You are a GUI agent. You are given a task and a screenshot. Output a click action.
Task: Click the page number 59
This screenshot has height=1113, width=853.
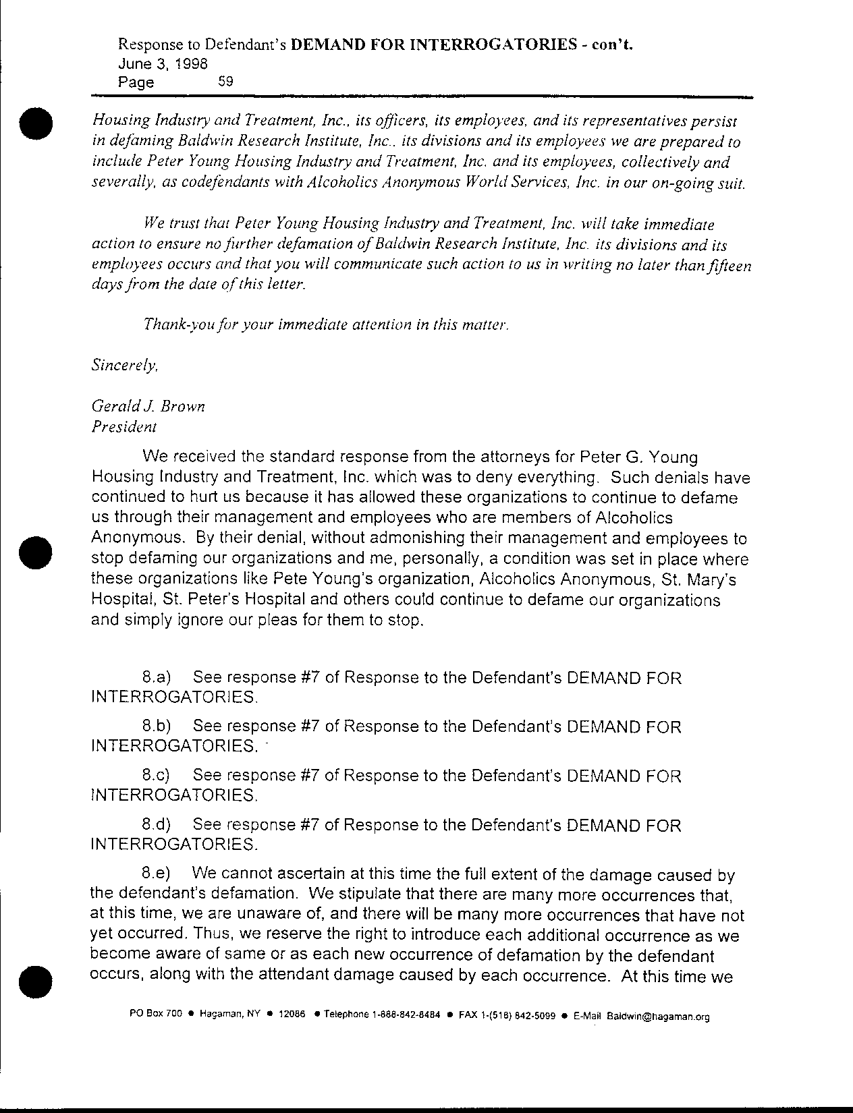coord(225,82)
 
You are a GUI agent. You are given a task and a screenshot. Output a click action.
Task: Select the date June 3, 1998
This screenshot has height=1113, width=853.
coord(162,64)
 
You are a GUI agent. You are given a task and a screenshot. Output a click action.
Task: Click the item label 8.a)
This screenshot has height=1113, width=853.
coord(157,677)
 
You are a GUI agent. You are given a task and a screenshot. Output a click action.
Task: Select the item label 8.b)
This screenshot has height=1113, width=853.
coord(157,726)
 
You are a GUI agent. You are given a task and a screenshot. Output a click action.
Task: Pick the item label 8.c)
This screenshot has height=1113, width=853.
coord(157,776)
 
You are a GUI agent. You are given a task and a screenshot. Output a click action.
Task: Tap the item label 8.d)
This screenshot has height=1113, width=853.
coord(157,825)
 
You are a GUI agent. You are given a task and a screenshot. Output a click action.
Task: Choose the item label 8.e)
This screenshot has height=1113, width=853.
coord(157,874)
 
